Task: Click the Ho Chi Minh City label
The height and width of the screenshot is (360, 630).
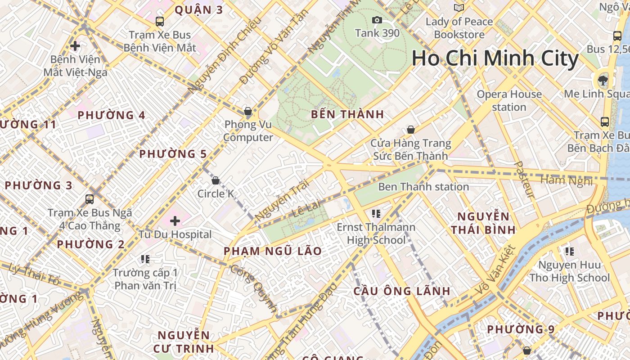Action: [495, 58]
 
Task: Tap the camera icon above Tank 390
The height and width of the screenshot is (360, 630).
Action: [377, 20]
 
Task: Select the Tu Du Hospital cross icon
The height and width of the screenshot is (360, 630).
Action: [175, 221]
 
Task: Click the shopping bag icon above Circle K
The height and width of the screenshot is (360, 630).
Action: [216, 180]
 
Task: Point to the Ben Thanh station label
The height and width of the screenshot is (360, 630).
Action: [423, 186]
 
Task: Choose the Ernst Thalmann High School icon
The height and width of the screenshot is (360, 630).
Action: [377, 213]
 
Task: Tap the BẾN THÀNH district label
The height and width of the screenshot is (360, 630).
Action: [347, 114]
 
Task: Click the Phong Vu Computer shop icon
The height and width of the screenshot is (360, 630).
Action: [247, 111]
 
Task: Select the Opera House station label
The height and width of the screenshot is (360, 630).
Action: [509, 100]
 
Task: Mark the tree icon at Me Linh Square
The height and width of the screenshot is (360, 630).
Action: [603, 81]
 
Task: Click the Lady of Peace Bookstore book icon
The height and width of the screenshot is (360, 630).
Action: [459, 8]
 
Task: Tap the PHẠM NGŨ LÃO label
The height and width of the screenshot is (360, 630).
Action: [273, 251]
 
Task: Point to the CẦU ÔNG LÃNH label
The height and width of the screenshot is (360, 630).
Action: [401, 291]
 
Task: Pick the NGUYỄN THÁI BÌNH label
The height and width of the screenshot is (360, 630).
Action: [483, 223]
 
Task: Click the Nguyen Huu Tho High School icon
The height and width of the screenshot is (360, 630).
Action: [570, 251]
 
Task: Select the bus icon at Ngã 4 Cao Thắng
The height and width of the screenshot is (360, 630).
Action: [90, 199]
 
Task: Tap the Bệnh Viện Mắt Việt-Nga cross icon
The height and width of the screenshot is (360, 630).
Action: [75, 45]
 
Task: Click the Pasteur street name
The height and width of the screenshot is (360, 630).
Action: [524, 180]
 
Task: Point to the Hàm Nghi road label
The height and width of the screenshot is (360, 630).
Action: [567, 180]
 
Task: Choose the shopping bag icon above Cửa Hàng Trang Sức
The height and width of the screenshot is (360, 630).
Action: [410, 130]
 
